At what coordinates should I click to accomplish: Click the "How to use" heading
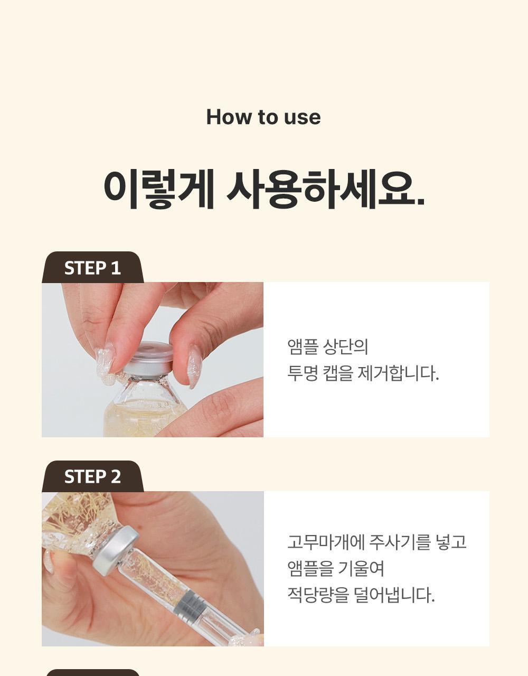[263, 117]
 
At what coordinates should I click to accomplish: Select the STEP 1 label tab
[92, 268]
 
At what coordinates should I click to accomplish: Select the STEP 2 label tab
[92, 477]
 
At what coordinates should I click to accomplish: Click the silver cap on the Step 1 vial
[148, 359]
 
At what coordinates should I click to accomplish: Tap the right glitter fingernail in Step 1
[194, 365]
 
